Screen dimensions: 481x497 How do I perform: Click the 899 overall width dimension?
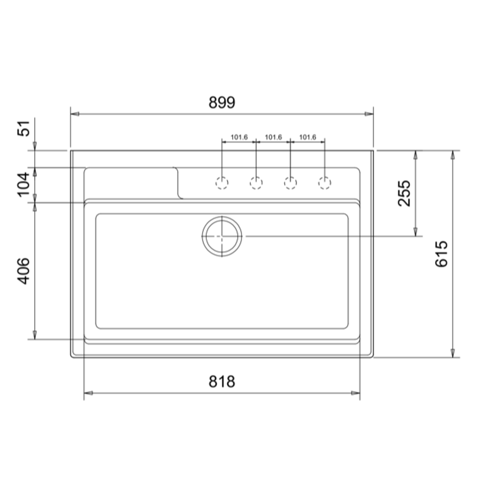point(222,103)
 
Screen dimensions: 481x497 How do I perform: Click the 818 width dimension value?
point(222,382)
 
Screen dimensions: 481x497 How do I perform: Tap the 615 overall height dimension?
point(441,254)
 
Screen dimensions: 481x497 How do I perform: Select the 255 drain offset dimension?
point(404,193)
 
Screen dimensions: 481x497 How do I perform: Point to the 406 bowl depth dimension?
point(23,271)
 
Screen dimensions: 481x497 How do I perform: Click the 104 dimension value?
point(23,185)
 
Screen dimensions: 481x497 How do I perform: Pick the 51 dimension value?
point(23,128)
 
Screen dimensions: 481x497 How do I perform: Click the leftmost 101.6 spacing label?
point(239,138)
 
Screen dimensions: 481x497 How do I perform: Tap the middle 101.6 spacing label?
point(273,138)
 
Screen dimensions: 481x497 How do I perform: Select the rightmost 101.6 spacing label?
point(307,138)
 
